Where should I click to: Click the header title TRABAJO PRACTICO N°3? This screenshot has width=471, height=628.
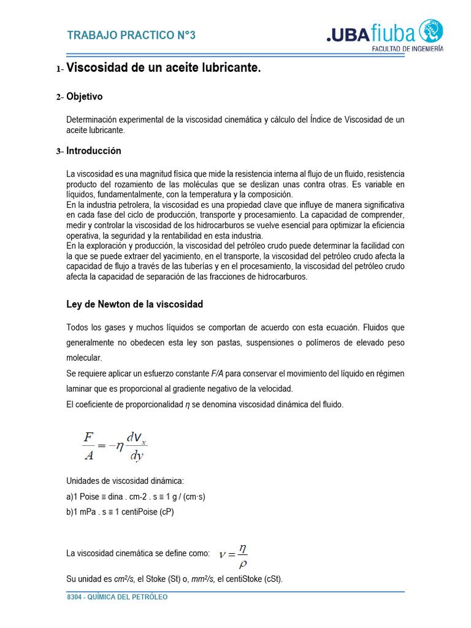click(x=131, y=36)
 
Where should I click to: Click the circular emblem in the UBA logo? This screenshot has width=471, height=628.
click(x=431, y=31)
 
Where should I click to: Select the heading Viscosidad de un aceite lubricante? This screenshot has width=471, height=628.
click(x=163, y=68)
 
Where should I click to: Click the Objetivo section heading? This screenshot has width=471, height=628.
click(x=84, y=97)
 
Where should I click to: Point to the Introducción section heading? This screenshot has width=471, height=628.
click(x=93, y=151)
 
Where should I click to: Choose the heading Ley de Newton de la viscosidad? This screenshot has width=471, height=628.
click(x=134, y=304)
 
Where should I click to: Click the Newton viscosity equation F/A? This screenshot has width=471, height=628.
click(x=115, y=446)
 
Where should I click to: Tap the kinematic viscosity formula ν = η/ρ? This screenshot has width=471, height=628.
click(x=234, y=556)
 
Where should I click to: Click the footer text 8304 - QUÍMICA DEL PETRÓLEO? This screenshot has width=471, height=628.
click(x=117, y=597)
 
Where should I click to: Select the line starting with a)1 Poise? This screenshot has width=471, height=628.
click(x=136, y=497)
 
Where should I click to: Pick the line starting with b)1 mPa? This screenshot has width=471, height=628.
click(x=120, y=512)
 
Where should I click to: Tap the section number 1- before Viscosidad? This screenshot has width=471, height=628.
click(x=59, y=69)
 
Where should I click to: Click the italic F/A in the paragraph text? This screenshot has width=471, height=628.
click(x=218, y=373)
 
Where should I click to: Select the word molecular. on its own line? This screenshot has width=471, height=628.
click(x=84, y=358)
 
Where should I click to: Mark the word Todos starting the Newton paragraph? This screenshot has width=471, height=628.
click(x=77, y=327)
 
